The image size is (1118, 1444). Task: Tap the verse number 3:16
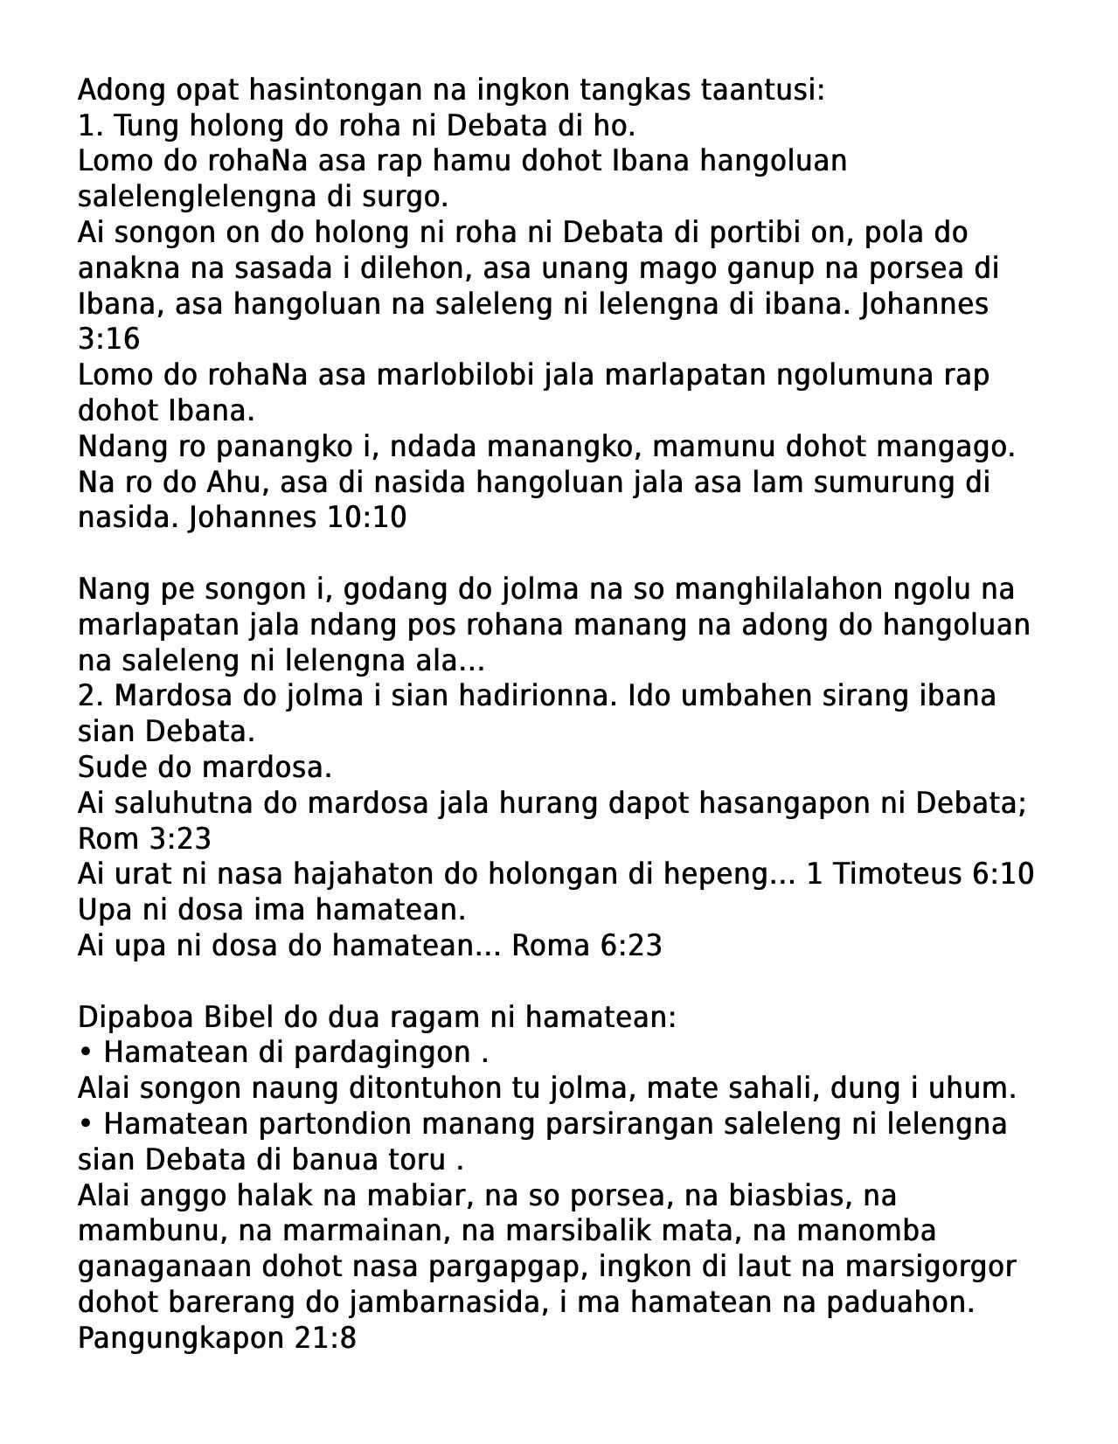point(108,339)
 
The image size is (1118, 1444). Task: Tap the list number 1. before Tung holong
point(91,126)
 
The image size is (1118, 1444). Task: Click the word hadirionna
point(536,696)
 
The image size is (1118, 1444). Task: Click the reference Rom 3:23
point(144,839)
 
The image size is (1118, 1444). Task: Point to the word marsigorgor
point(940,1267)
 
